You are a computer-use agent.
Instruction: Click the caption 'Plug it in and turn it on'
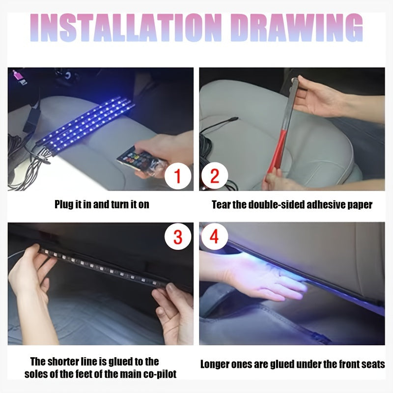pos(102,204)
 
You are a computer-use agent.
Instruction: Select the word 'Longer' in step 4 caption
pos(217,364)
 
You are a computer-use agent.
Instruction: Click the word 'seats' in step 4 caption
pos(373,364)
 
